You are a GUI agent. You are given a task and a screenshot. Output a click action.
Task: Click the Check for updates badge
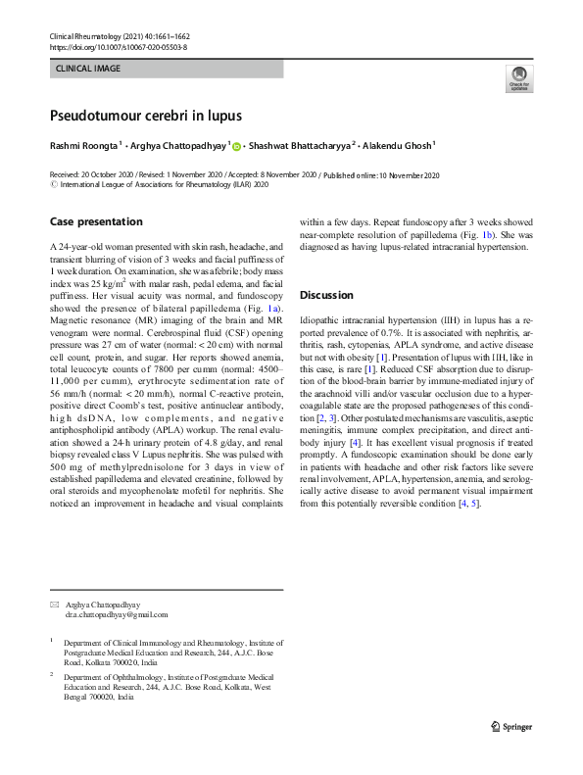tap(518, 79)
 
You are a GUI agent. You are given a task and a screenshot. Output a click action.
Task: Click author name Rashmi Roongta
tap(83, 146)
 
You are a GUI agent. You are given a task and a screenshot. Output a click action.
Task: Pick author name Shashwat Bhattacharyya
tap(302, 146)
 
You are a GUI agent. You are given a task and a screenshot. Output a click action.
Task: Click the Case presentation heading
tap(95, 221)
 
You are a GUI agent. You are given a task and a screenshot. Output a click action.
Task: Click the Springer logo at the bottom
tap(510, 727)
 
